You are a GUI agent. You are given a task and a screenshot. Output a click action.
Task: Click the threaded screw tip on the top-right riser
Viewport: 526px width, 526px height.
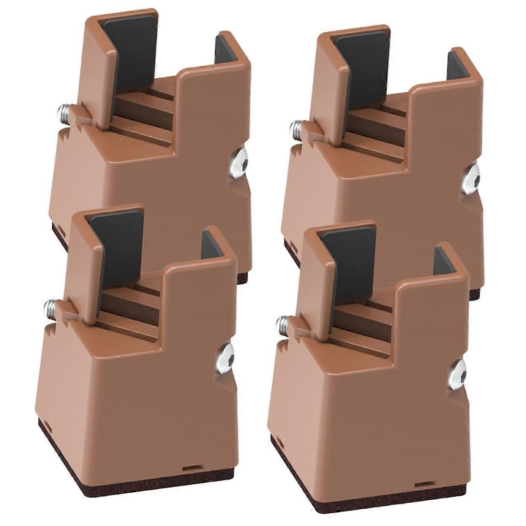point(296,128)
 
